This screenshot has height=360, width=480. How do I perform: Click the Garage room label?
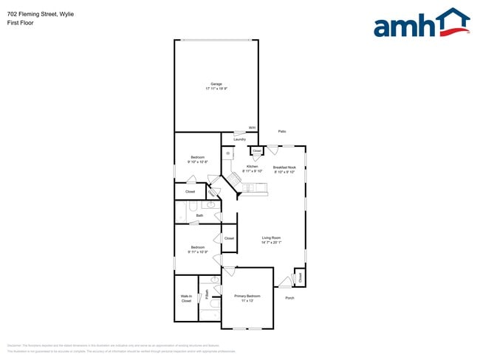tap(216, 84)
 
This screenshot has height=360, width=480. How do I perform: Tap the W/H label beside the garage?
tap(252, 128)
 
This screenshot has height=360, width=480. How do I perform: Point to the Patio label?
tap(282, 131)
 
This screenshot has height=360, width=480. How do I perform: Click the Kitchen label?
tap(253, 167)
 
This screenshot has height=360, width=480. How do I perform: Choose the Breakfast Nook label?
tap(284, 167)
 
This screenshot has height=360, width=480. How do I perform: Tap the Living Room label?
tap(271, 238)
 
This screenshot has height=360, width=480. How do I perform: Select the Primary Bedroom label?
tap(248, 297)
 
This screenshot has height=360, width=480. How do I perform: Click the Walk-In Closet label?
tap(186, 298)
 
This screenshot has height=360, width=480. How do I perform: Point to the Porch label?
tap(289, 298)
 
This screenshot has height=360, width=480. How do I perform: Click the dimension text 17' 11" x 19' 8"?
tap(216, 89)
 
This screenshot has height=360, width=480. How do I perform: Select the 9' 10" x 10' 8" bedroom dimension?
tap(198, 162)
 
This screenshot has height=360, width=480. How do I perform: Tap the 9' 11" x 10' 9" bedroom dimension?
tap(198, 252)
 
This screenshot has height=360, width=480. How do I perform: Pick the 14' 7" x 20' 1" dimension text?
tap(271, 242)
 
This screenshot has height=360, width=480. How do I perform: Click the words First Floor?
tap(21, 23)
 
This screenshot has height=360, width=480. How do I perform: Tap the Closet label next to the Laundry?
tap(256, 151)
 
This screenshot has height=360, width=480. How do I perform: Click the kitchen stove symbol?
tap(235, 180)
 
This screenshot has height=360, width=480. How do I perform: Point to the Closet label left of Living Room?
tap(229, 238)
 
